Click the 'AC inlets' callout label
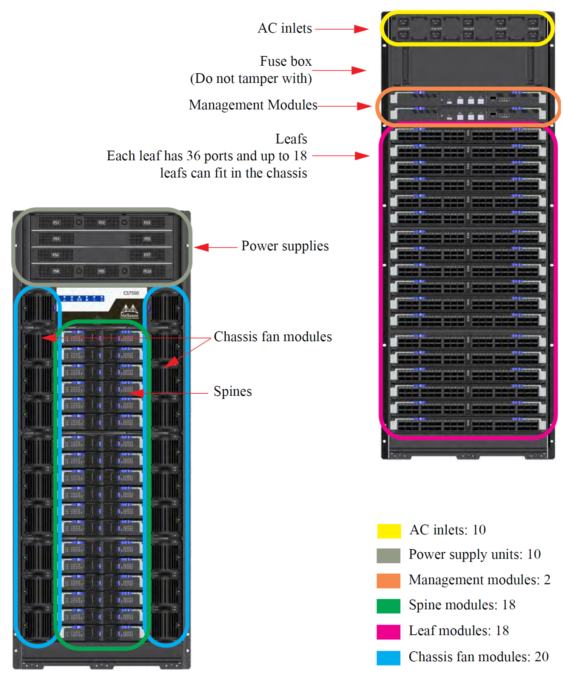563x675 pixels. click(x=285, y=29)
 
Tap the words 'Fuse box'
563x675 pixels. click(x=286, y=61)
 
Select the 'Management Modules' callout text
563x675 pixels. click(x=253, y=105)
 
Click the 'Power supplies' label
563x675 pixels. click(x=285, y=246)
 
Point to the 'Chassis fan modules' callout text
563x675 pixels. click(x=273, y=337)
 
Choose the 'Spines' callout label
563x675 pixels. click(x=233, y=391)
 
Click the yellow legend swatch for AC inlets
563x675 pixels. click(x=389, y=531)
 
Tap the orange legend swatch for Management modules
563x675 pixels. click(x=388, y=580)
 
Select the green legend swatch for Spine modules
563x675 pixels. click(x=388, y=606)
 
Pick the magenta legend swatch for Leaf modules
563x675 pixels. click(x=388, y=632)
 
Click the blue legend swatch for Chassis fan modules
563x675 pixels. click(x=388, y=657)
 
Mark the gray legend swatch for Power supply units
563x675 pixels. click(x=388, y=555)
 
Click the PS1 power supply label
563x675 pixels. click(x=56, y=223)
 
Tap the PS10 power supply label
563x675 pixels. click(x=147, y=271)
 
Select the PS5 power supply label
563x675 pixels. click(x=147, y=239)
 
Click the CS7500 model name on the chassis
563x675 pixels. click(x=131, y=293)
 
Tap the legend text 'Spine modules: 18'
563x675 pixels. click(x=462, y=605)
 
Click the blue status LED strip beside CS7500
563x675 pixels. click(x=84, y=299)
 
